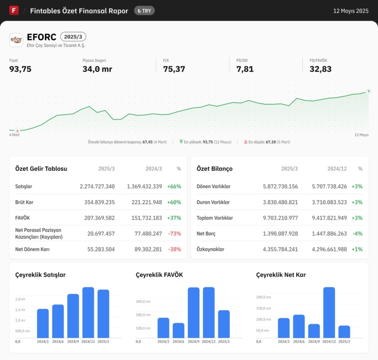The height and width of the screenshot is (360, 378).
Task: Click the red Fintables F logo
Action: (14, 10)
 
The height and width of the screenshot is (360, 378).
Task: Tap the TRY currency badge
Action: (144, 10)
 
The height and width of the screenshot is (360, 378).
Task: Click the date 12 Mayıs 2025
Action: (351, 11)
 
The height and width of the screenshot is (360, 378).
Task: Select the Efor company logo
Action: (16, 39)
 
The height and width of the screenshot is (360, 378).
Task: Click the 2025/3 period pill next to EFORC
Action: (73, 36)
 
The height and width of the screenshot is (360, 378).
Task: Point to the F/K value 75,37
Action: (174, 69)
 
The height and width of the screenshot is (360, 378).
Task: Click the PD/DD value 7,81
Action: (245, 69)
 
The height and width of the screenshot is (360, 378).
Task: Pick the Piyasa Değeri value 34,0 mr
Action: (97, 69)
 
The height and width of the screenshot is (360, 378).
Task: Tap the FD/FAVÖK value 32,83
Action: (320, 69)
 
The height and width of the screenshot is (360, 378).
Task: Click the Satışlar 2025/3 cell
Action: (97, 186)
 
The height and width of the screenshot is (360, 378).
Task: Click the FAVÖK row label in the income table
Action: (23, 218)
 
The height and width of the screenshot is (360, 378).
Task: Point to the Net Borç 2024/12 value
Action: (329, 234)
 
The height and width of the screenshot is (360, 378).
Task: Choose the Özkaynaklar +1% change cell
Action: (357, 249)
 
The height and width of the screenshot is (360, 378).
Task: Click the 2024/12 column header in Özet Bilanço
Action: (337, 169)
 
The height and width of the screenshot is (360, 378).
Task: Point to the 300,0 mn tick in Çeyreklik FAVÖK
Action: (144, 301)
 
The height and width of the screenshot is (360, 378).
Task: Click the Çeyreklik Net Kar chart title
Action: (281, 275)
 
